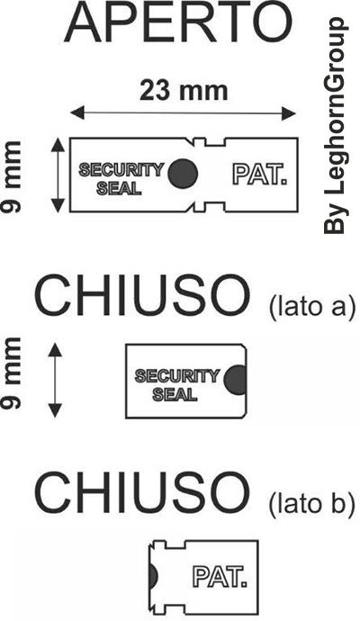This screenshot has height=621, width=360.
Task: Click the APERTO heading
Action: [x=178, y=24]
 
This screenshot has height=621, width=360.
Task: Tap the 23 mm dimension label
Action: [x=184, y=91]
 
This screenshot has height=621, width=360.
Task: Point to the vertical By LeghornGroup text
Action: [x=336, y=125]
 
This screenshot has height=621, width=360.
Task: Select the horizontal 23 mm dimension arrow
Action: [x=183, y=114]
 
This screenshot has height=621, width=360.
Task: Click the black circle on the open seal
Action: [x=183, y=173]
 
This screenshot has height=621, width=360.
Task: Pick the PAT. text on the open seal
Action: [x=259, y=175]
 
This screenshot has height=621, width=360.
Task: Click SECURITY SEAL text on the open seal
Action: [x=121, y=178]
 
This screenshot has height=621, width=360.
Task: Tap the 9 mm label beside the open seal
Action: [x=11, y=177]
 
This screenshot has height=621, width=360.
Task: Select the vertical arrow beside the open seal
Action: [x=58, y=175]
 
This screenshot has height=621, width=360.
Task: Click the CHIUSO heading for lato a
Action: [x=142, y=295]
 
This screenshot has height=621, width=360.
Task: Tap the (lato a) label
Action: [x=311, y=307]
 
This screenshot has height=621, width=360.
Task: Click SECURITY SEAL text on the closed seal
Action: [x=176, y=385]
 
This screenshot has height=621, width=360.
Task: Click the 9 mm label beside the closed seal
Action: [x=11, y=373]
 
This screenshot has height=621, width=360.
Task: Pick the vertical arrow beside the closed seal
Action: [x=55, y=380]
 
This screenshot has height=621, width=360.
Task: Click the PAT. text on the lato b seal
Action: [x=220, y=577]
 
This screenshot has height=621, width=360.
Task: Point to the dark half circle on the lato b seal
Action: [x=154, y=576]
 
